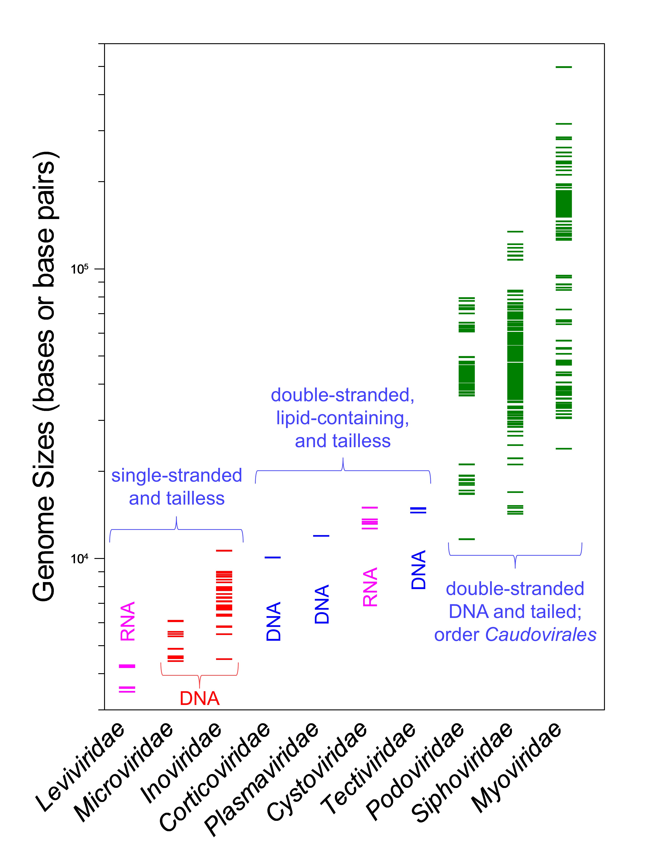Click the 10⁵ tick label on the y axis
click(79, 269)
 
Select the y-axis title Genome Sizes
click(45, 376)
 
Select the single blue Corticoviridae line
click(273, 557)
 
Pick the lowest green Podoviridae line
click(467, 539)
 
